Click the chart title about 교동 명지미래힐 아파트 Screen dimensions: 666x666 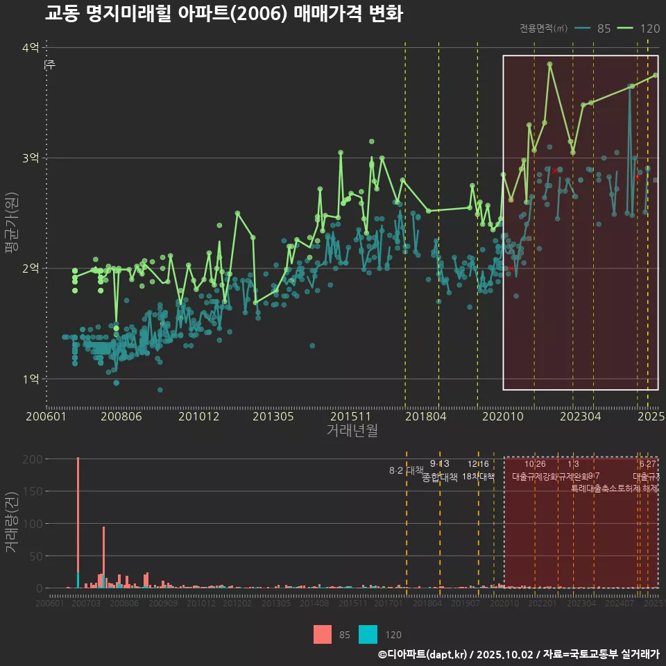tap(223, 14)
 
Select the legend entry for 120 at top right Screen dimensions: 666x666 tap(640, 28)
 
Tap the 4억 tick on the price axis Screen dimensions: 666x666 tap(31, 48)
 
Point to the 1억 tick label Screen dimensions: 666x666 tap(31, 379)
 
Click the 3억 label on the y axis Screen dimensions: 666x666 tap(31, 158)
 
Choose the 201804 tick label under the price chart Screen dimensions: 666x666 tap(425, 416)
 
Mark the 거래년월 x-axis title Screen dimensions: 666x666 tap(352, 430)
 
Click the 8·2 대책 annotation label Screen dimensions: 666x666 tap(407, 470)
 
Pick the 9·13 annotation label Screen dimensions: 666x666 tap(440, 464)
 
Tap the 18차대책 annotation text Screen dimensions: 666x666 tap(478, 477)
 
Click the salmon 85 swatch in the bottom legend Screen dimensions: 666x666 tap(322, 634)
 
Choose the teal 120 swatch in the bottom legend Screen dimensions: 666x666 tap(368, 634)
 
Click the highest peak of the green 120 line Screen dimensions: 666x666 tap(549, 64)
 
